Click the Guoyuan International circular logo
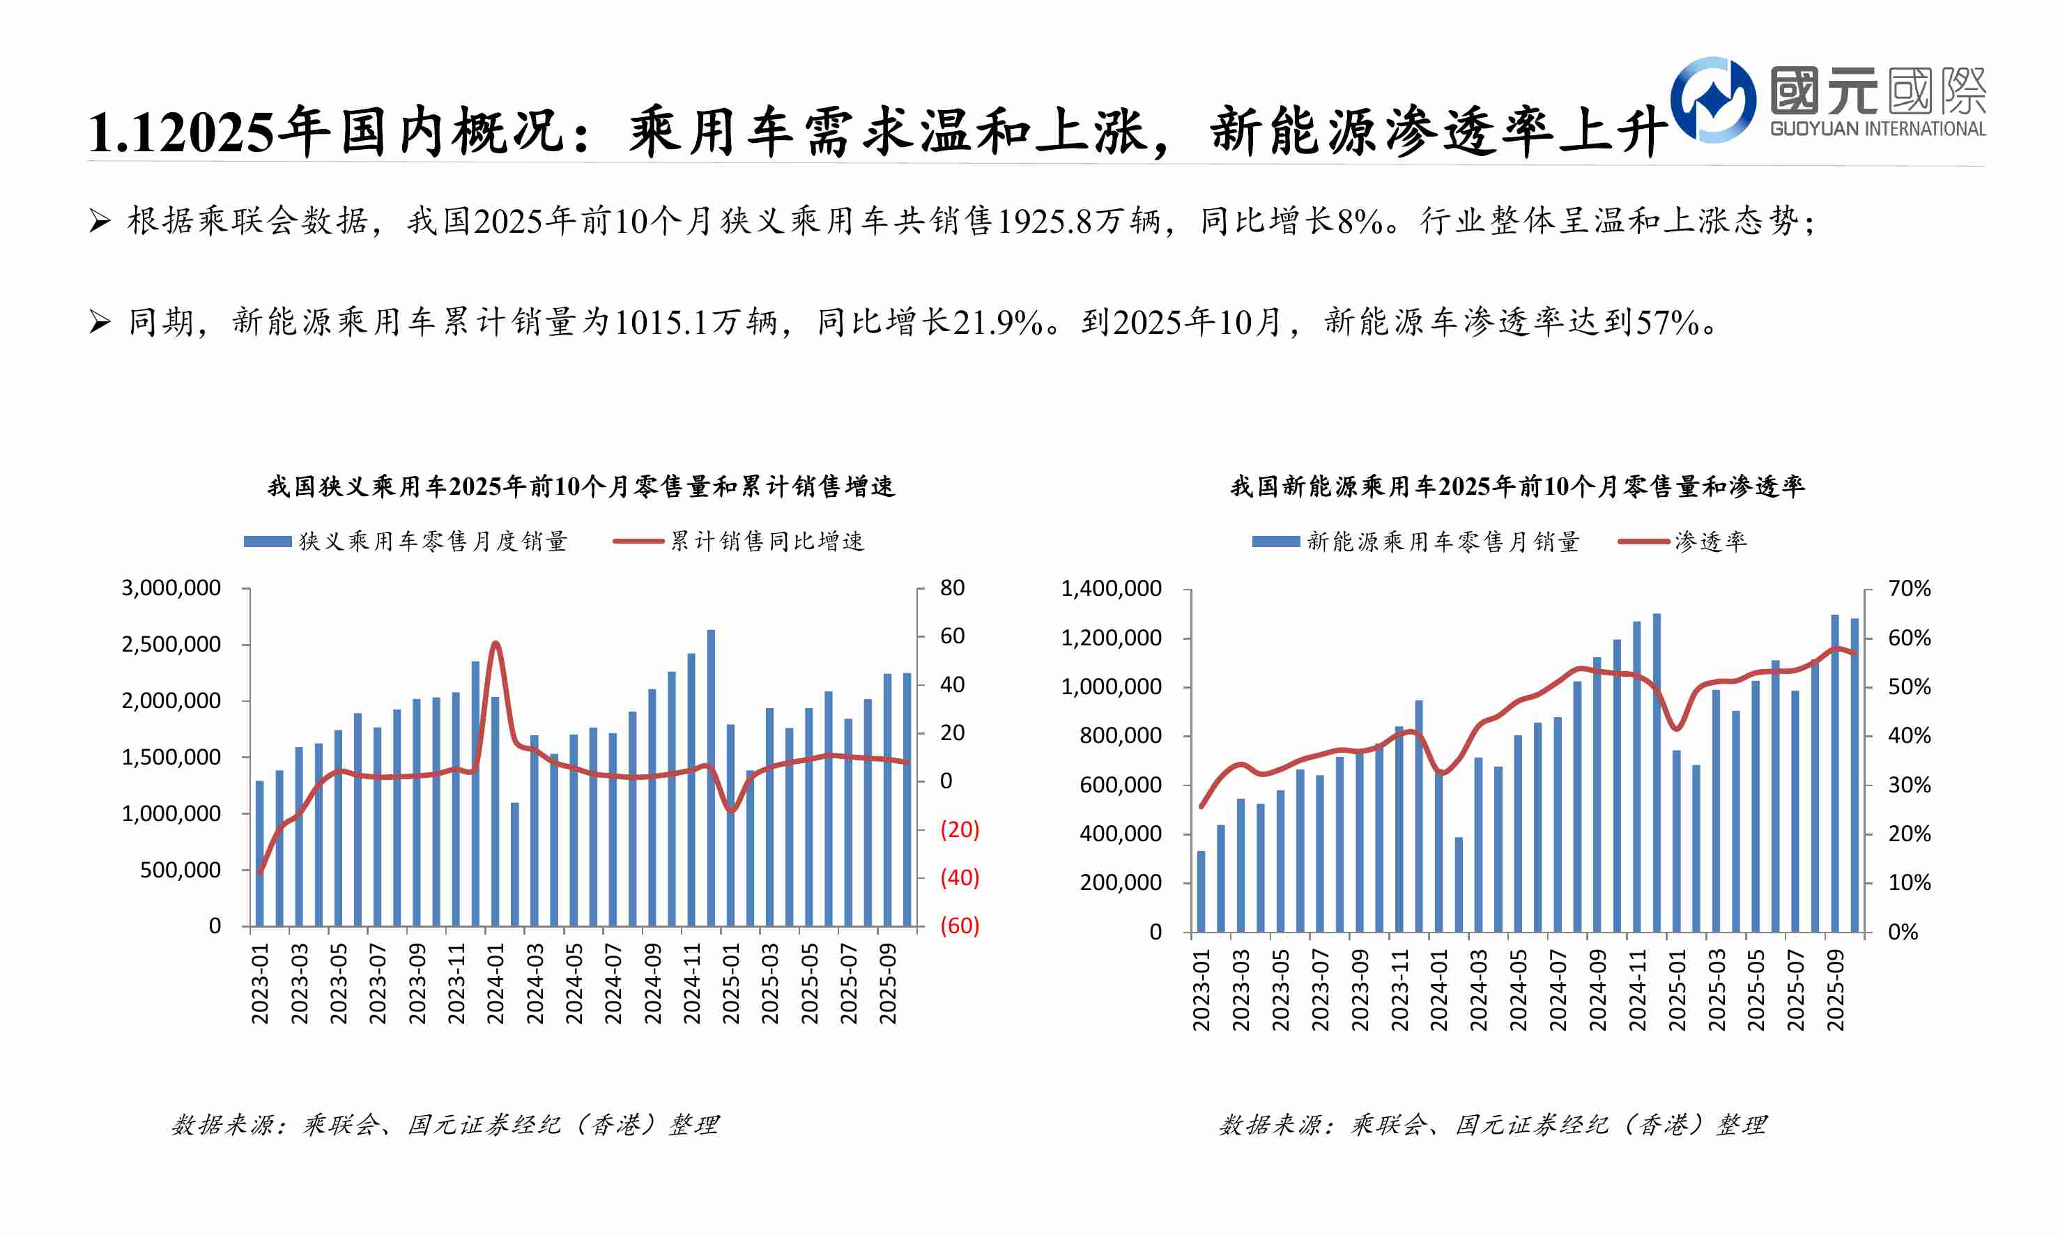pos(1712,100)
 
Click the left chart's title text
pos(580,486)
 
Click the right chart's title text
pos(1516,486)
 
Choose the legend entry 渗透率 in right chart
pos(1710,542)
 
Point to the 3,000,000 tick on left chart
pos(171,588)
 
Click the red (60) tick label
pos(960,926)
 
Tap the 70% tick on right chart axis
pos(1909,589)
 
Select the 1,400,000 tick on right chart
pos(1111,589)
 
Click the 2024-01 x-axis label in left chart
pos(496,983)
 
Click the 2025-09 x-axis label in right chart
pos(1835,990)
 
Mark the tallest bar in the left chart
pos(711,778)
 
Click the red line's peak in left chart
pos(495,643)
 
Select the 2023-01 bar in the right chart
pos(1201,891)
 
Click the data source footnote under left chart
pos(445,1125)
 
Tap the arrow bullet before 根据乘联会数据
pos(99,222)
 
